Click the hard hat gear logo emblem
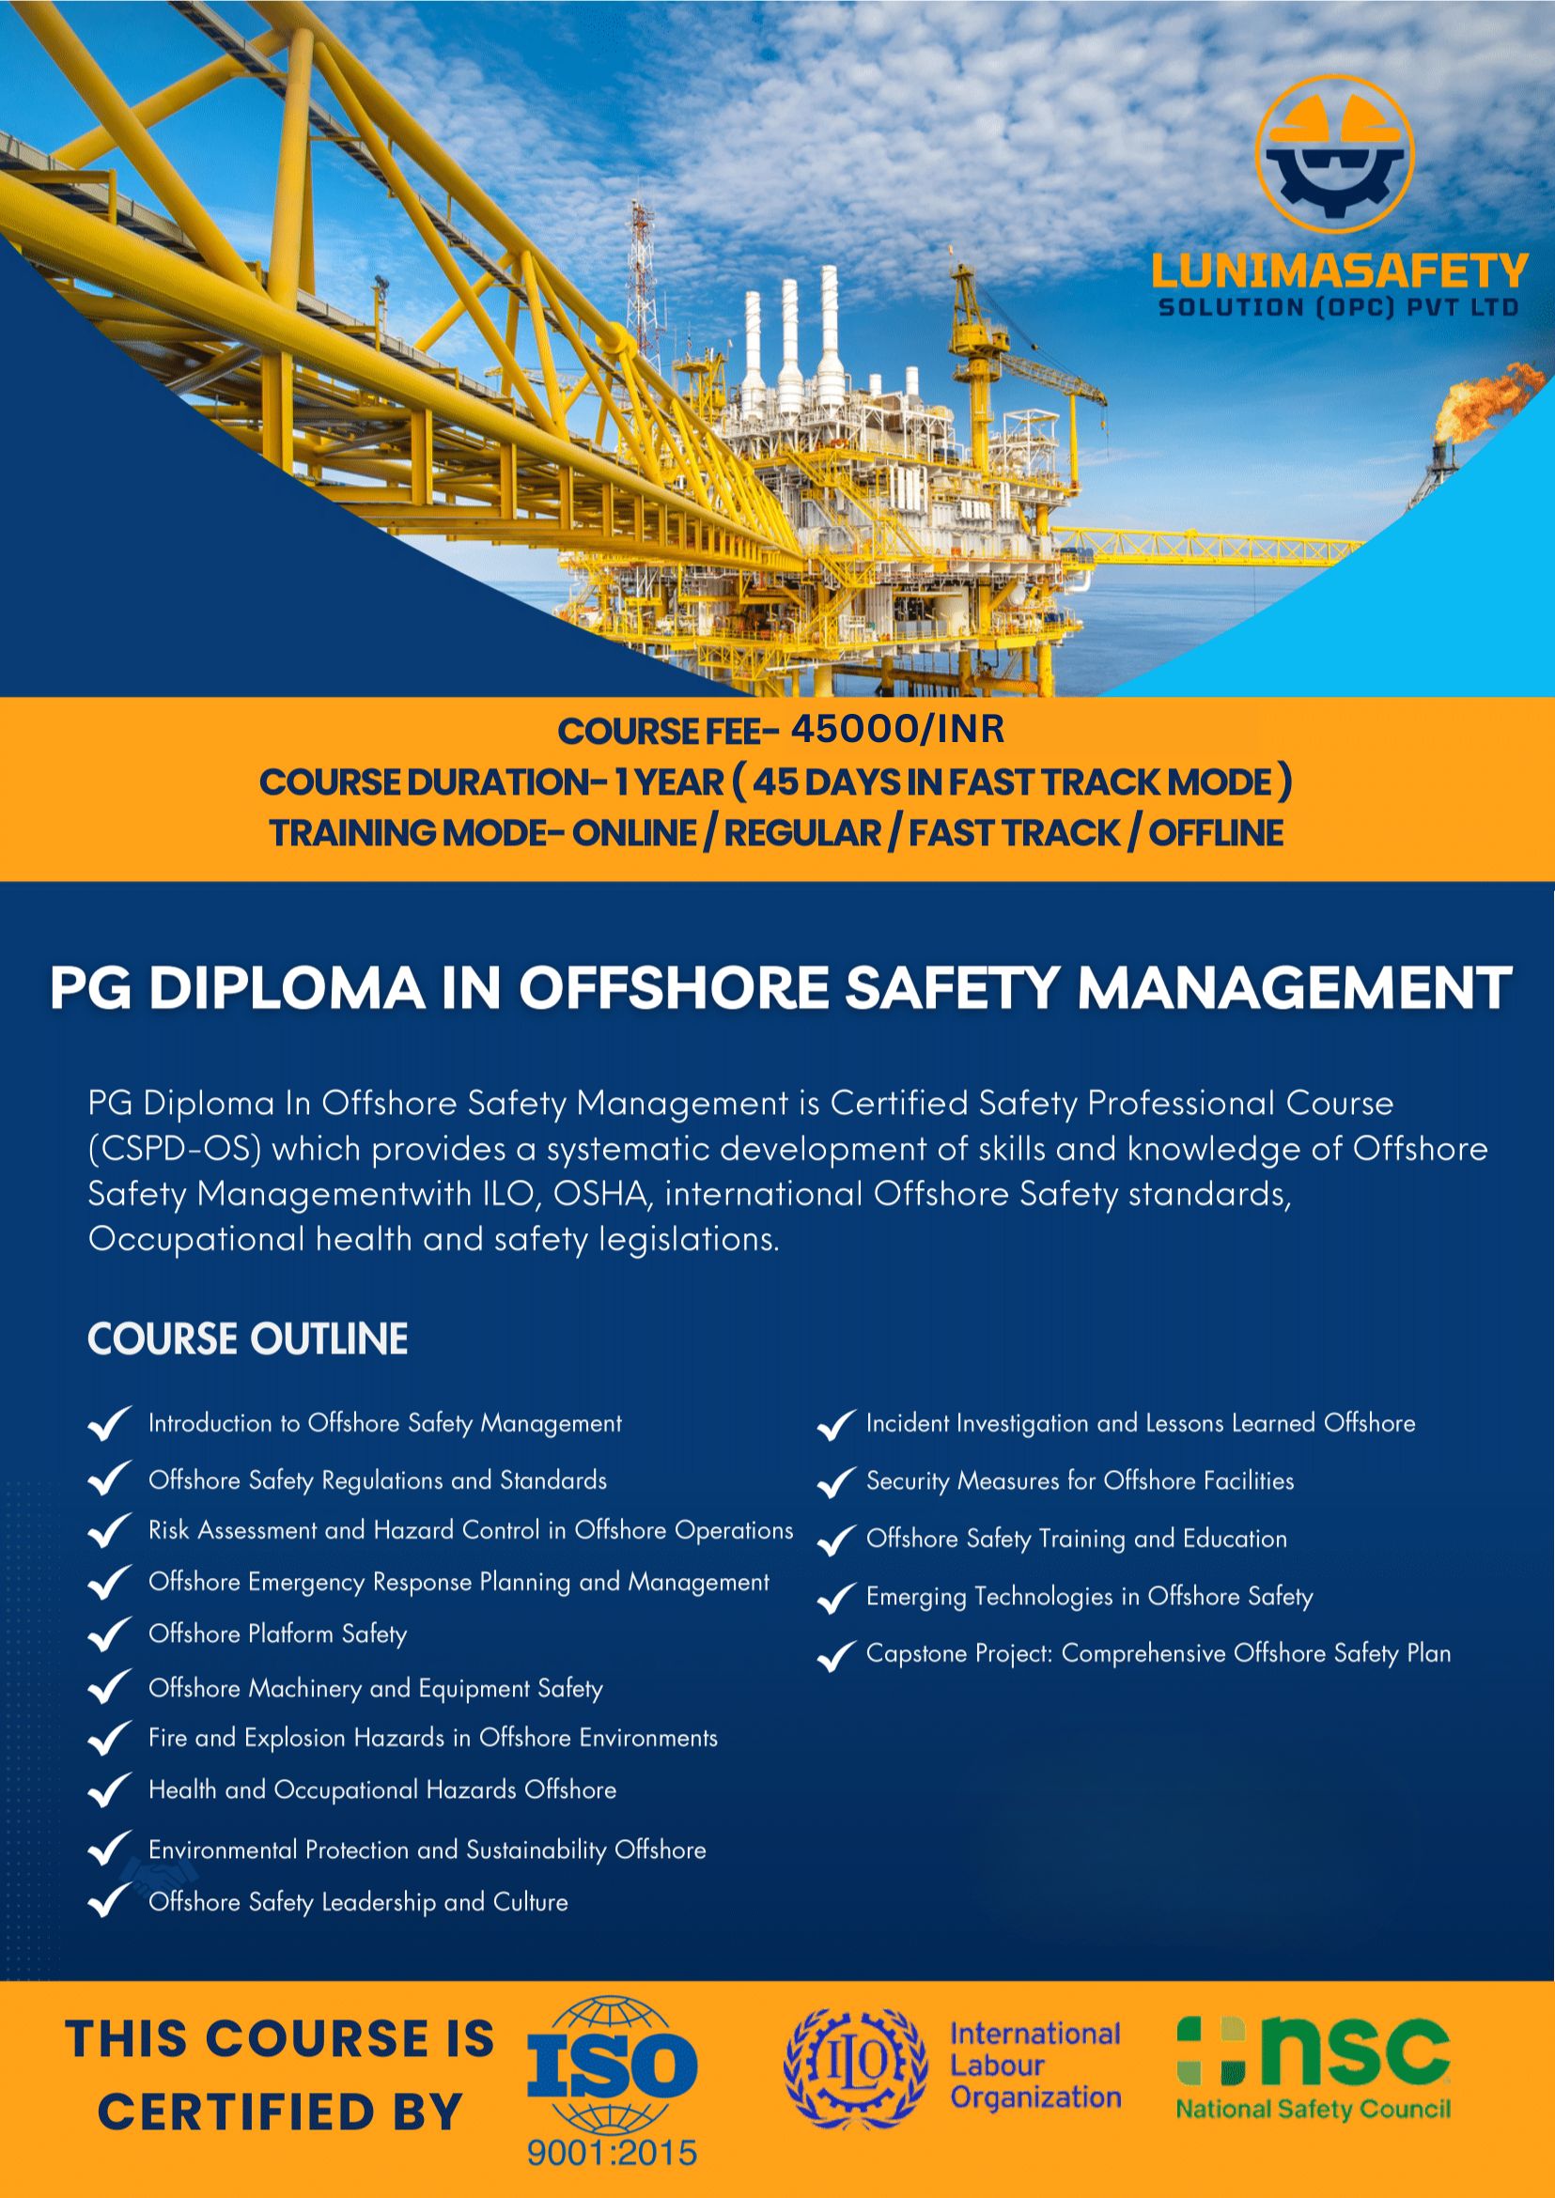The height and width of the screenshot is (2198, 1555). (1335, 154)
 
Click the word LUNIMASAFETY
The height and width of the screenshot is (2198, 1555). (1340, 271)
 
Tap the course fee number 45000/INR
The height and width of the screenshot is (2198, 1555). (897, 730)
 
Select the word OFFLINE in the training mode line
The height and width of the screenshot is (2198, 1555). (1216, 833)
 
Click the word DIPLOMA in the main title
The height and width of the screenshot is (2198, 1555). (288, 988)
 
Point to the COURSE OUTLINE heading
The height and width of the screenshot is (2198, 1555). (248, 1339)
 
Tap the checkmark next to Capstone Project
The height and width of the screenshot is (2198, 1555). (836, 1655)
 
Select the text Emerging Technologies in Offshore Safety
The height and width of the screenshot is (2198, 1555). (1090, 1597)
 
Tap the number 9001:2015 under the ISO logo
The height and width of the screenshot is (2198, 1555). (612, 2154)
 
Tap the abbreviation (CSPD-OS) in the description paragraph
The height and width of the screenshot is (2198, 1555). (174, 1149)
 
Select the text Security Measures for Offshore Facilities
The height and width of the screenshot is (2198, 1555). (1081, 1481)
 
